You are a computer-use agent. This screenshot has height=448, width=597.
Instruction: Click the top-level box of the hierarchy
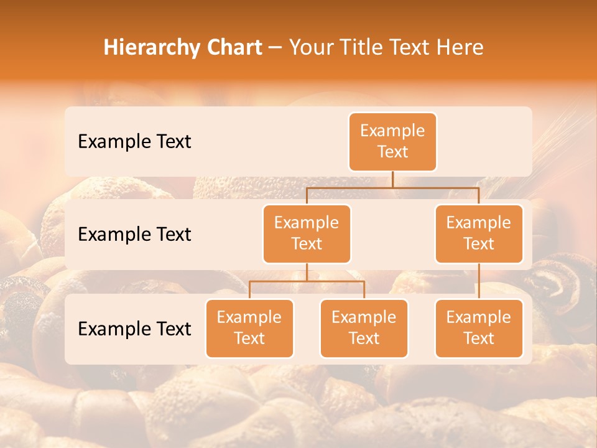click(392, 141)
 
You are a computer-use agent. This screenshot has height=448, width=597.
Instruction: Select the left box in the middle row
click(307, 233)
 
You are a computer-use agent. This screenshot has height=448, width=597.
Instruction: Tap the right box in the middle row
click(479, 233)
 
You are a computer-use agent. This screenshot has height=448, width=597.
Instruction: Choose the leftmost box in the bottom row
click(249, 328)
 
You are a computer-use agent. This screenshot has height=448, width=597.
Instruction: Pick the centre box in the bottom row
click(364, 328)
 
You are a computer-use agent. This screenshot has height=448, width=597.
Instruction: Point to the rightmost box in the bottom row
click(479, 328)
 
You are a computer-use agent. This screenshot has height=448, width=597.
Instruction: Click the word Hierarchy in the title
click(151, 48)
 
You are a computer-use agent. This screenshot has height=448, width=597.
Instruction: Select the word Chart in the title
click(233, 47)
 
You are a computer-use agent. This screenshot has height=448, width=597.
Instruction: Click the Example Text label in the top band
click(134, 141)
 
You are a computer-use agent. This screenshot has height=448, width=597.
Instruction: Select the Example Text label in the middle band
click(134, 234)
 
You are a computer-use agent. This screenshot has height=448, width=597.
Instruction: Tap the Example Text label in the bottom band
click(134, 329)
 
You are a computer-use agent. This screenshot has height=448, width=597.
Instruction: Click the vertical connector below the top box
click(392, 179)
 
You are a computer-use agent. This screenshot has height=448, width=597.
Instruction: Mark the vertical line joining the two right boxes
click(479, 281)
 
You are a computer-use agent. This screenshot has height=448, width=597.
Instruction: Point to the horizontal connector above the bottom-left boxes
click(307, 281)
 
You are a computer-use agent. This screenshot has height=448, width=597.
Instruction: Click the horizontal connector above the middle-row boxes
click(392, 187)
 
